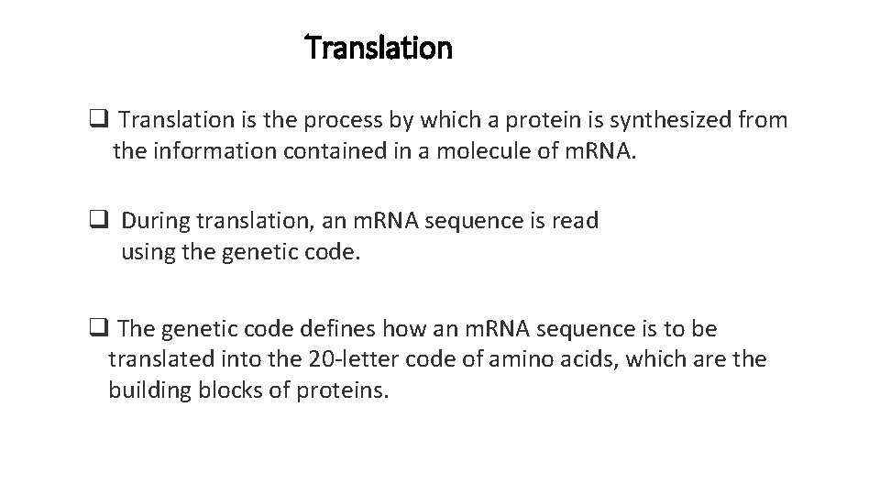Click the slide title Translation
click(379, 47)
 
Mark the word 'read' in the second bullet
click(578, 221)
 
